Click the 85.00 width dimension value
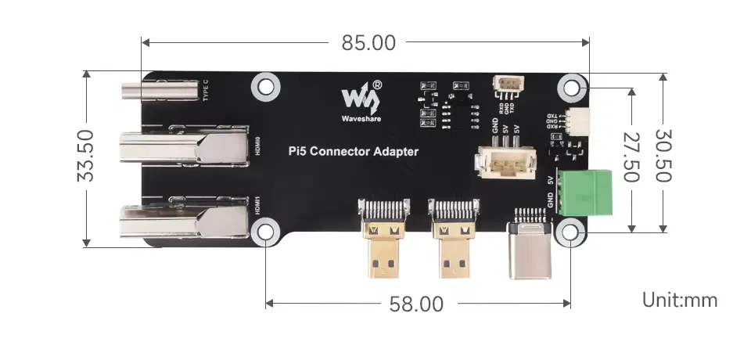point(368,43)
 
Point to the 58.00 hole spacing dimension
point(416,304)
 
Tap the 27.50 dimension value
point(630,157)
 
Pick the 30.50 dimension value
point(663,157)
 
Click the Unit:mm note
point(679,300)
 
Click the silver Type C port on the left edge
point(160,92)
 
